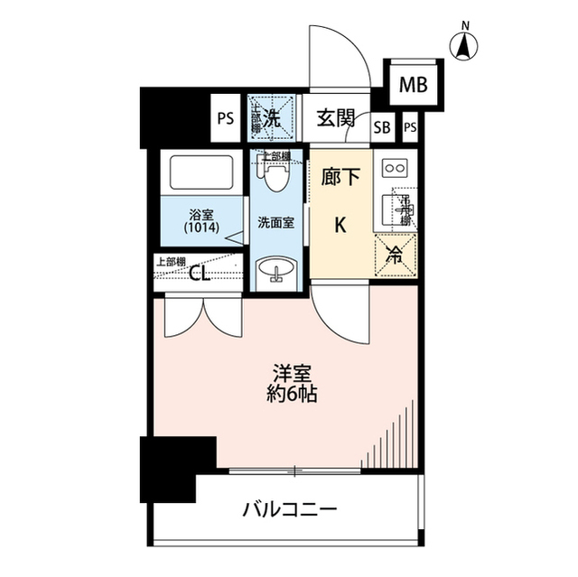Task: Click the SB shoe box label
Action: [382, 127]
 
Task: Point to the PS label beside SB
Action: [410, 127]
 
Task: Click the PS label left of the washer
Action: [225, 117]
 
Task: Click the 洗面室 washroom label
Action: [275, 221]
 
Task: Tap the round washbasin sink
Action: [275, 271]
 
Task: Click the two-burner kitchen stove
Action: [395, 168]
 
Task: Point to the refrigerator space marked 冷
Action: [396, 256]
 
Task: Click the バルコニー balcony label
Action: [289, 511]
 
